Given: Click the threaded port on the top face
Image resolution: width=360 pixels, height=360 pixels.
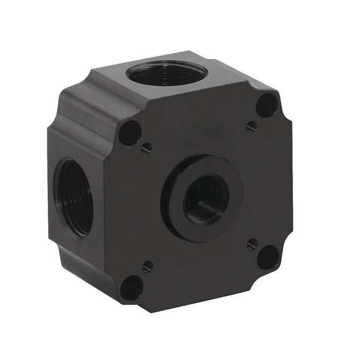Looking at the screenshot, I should click(x=166, y=73).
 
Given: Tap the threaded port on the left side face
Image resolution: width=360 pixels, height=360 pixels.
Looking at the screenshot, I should click(x=73, y=197).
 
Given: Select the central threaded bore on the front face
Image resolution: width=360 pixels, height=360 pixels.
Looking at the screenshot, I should click(x=206, y=200).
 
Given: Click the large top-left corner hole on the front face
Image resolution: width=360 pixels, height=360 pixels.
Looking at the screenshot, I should click(x=130, y=133).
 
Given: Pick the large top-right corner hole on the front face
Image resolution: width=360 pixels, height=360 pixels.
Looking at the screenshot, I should click(x=266, y=105).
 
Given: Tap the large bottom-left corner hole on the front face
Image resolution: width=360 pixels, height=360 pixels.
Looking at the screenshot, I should click(x=132, y=288).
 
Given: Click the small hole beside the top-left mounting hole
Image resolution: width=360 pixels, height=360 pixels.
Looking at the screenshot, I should click(x=146, y=148).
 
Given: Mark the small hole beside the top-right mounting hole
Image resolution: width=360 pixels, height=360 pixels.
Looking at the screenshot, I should click(x=251, y=126).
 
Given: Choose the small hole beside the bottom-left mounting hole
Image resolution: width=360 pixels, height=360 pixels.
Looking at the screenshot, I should click(x=148, y=267).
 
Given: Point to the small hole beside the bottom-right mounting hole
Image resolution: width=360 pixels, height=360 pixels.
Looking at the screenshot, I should click(x=252, y=243).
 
